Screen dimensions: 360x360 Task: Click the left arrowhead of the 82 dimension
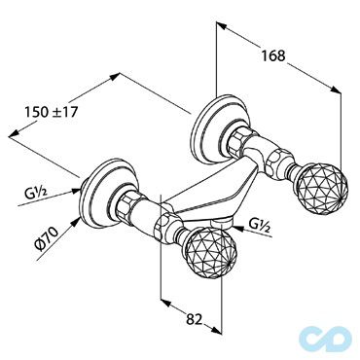(163, 317)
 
